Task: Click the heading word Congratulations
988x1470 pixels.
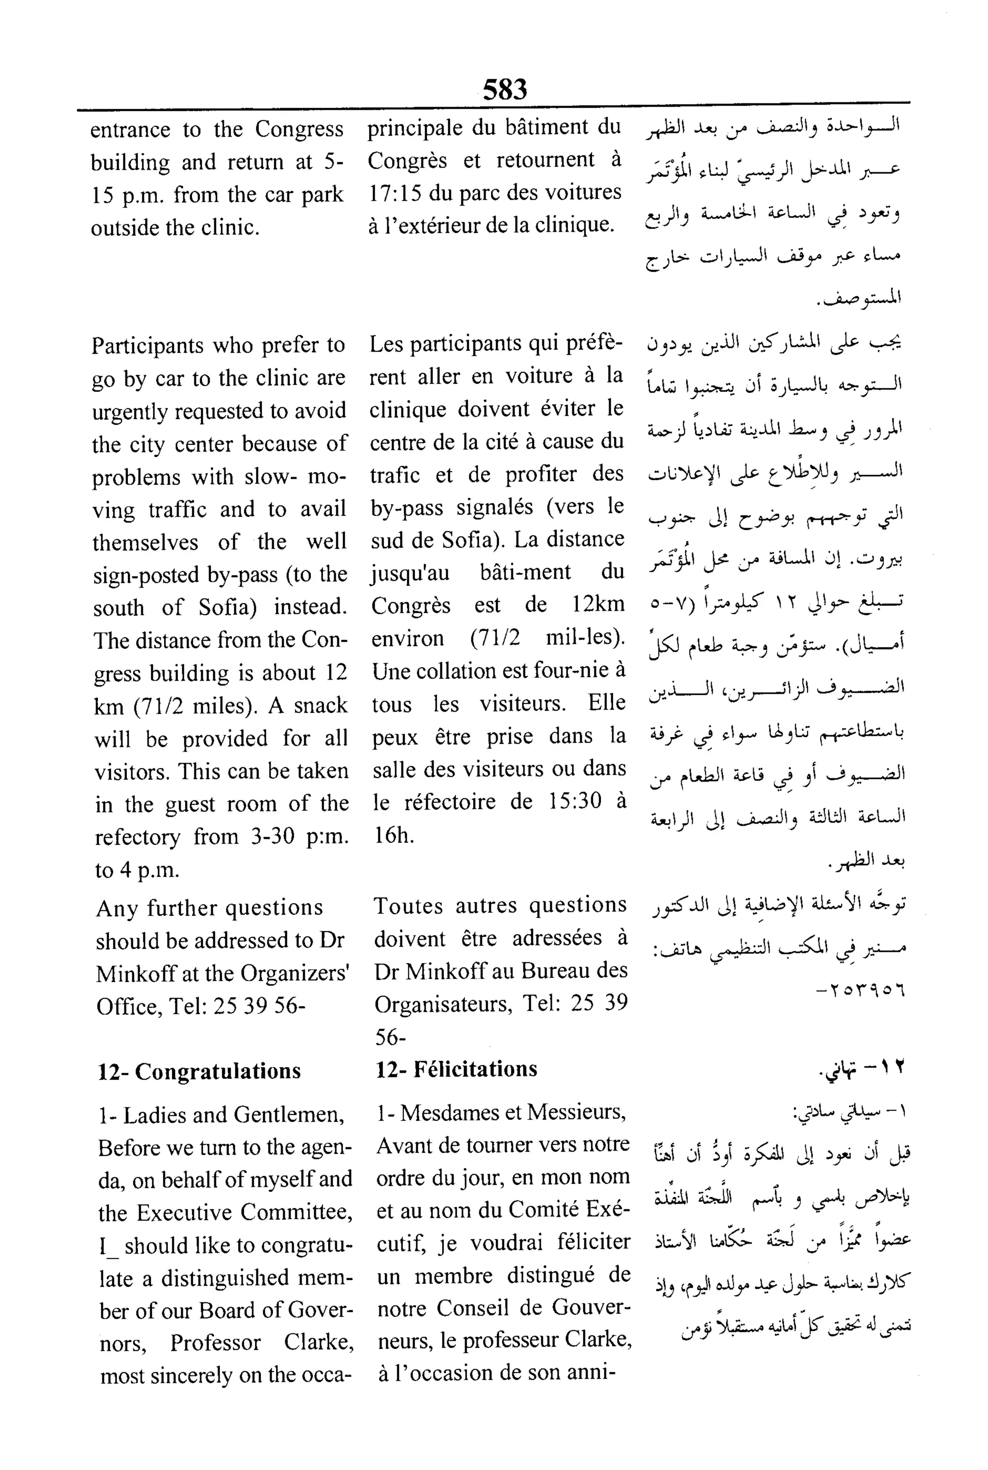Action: [x=218, y=1071]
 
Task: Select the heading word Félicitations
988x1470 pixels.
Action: [x=475, y=1069]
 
